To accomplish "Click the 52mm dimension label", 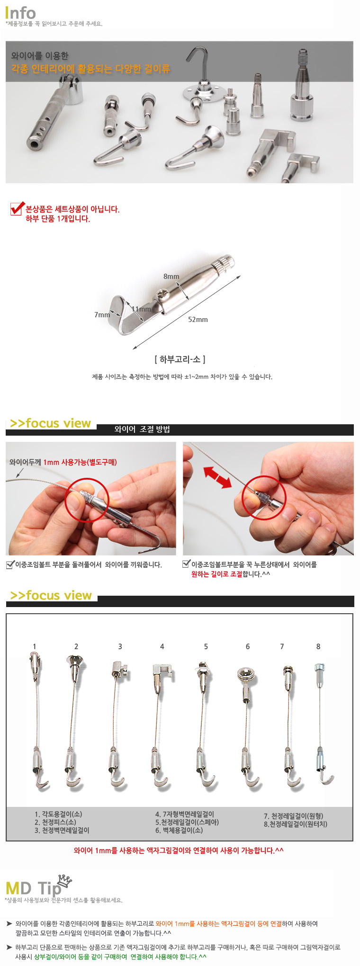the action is tap(198, 320).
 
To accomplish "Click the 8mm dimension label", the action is tap(171, 277).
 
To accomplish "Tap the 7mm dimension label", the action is tap(102, 314).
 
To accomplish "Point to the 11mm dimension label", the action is tap(141, 309).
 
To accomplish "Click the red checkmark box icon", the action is tap(18, 208).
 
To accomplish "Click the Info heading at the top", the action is tap(20, 13).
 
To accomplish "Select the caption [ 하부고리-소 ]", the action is tap(180, 359).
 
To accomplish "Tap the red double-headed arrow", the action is tap(217, 477).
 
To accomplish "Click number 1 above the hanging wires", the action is tap(34, 646).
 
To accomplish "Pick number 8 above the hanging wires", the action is tap(318, 646).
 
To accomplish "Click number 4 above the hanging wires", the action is tap(162, 646).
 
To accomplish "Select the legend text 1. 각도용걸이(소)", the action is tap(58, 814).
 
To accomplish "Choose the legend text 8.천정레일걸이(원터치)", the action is tap(296, 824).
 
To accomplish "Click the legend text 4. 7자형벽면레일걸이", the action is tap(185, 814).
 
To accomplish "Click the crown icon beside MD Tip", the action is tap(64, 880).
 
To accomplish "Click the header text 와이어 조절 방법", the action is tap(142, 429).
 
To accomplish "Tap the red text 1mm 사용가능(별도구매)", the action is tap(80, 462).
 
